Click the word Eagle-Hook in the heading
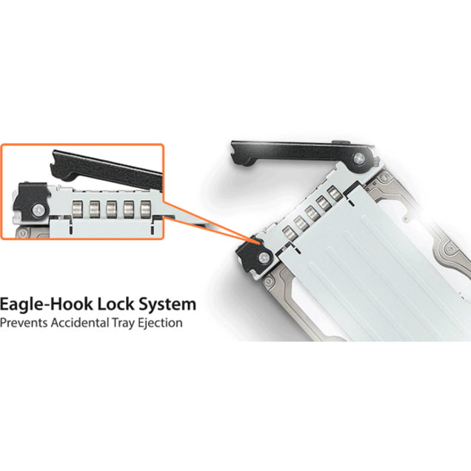coord(46,305)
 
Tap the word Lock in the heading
coord(116,304)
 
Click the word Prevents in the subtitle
coord(24,323)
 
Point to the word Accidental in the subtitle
coord(80,323)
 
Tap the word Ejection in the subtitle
coord(160,324)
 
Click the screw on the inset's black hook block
coord(39,210)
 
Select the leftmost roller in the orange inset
coord(78,209)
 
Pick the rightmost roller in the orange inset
coord(146,209)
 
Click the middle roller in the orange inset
coord(111,209)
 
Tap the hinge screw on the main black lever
coord(359,158)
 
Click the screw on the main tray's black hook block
coord(264,257)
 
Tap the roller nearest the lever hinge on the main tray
coord(335,194)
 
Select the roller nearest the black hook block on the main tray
coord(290,234)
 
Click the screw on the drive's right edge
coord(450,248)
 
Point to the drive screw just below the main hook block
coord(268,281)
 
